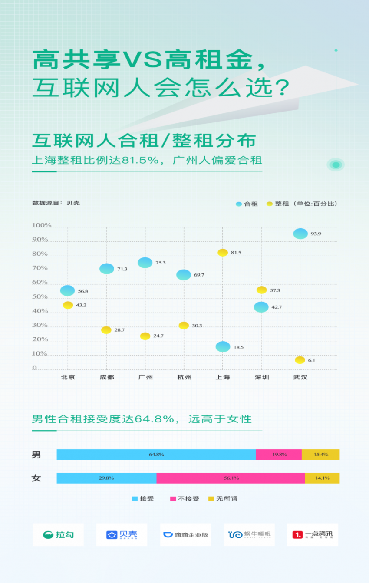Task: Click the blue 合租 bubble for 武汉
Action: pos(300,234)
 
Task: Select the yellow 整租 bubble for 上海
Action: pos(223,253)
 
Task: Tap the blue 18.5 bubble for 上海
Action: pos(223,346)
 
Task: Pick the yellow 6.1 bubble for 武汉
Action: pos(300,360)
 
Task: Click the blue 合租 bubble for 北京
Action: pos(68,290)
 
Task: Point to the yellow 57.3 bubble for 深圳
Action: pos(261,290)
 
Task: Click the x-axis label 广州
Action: pos(145,377)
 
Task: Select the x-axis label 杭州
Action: pos(184,377)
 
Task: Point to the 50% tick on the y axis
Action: pos(40,297)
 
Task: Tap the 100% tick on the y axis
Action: pos(42,226)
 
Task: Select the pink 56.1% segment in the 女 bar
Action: pos(231,478)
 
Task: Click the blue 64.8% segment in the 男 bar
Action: pos(156,455)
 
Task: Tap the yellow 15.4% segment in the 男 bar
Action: pos(320,455)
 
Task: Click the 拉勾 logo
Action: pos(58,535)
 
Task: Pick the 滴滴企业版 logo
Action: pos(186,535)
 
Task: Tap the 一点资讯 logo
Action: pos(313,535)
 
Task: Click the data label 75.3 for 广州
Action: pos(160,263)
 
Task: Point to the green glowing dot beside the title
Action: pos(336,165)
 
